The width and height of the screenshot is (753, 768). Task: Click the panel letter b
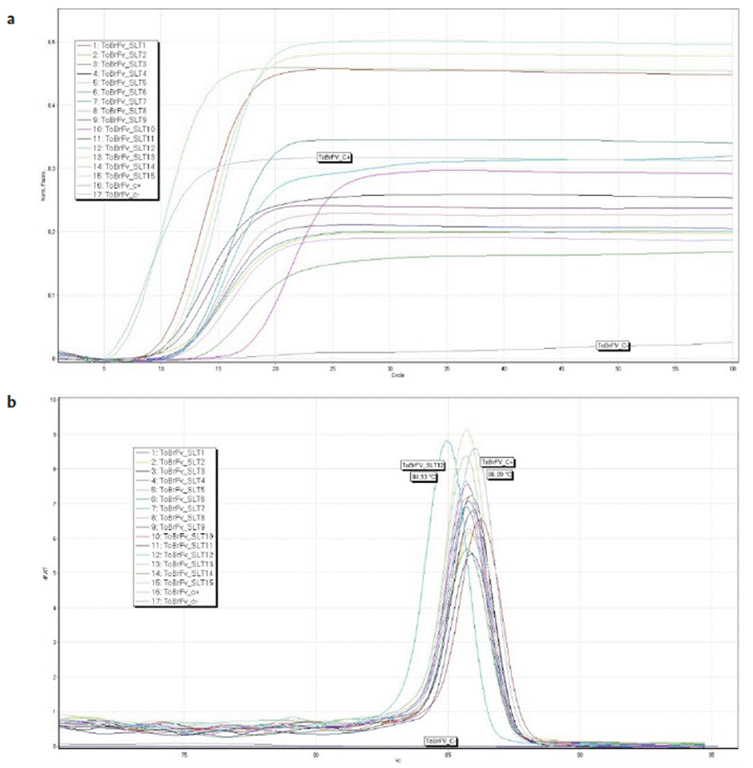[x=11, y=401]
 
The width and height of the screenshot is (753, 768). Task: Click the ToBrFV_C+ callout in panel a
[x=335, y=157]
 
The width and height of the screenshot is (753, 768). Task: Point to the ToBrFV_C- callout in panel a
[x=614, y=345]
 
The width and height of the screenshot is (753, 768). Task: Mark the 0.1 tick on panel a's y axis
[x=52, y=295]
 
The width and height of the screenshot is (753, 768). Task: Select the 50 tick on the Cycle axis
[x=619, y=368]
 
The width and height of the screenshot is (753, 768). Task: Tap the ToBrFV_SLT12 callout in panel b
[x=424, y=465]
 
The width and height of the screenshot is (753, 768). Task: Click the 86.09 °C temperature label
[x=499, y=473]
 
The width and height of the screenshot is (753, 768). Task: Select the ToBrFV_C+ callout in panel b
[x=498, y=462]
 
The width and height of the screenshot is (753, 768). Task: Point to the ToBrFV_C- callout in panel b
[x=441, y=740]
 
